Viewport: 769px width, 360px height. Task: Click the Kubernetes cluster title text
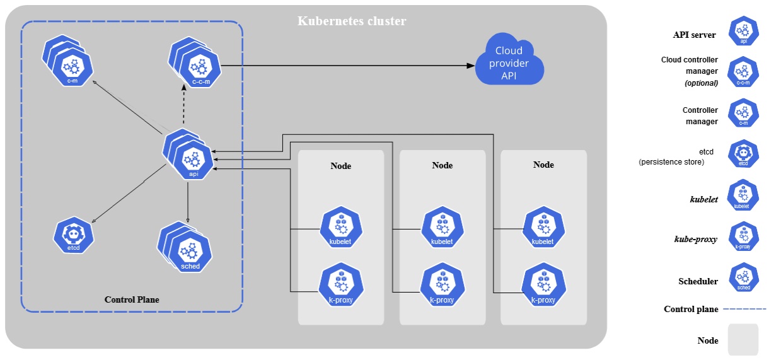352,21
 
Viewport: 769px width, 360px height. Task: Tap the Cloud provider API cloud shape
509,62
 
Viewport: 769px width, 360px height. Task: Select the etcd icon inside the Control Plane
74,235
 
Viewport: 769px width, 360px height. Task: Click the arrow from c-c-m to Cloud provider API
347,66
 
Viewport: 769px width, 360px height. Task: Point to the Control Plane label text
132,300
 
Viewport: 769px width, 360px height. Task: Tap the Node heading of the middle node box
442,165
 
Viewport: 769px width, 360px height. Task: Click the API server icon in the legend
743,31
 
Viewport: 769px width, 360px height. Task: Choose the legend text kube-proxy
696,240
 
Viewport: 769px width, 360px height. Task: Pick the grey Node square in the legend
743,340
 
